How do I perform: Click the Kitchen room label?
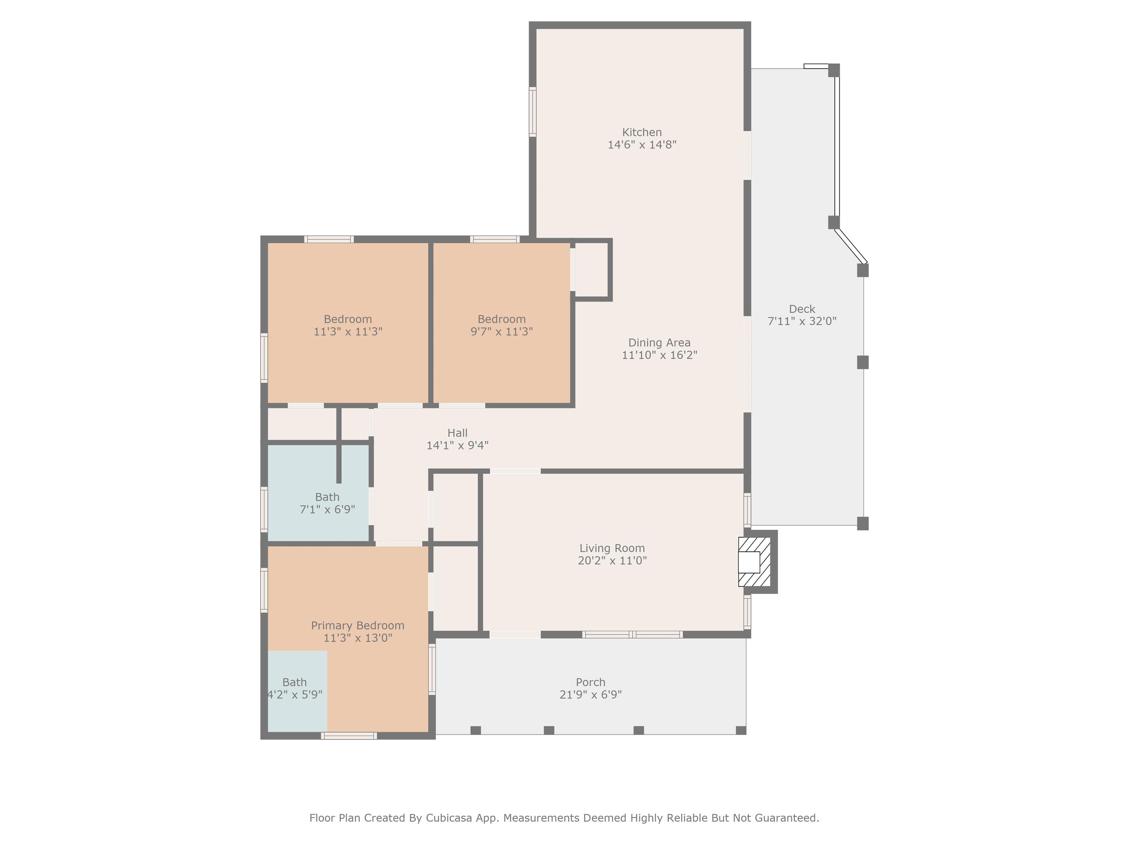click(x=642, y=132)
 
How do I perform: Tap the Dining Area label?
click(x=659, y=343)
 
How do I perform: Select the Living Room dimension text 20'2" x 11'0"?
click(x=612, y=561)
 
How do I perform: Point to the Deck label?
click(x=802, y=309)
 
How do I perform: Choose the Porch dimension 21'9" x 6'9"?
click(x=591, y=694)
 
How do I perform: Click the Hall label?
click(x=457, y=433)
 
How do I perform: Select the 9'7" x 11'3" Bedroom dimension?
click(x=501, y=331)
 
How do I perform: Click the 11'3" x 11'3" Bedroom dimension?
click(x=348, y=331)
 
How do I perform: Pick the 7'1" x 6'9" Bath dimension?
click(x=327, y=509)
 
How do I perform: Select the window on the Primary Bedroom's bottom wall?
click(x=349, y=736)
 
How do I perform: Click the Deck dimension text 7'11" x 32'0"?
click(x=802, y=321)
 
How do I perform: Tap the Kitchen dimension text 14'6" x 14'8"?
click(x=642, y=144)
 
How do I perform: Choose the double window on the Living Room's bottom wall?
click(x=632, y=635)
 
